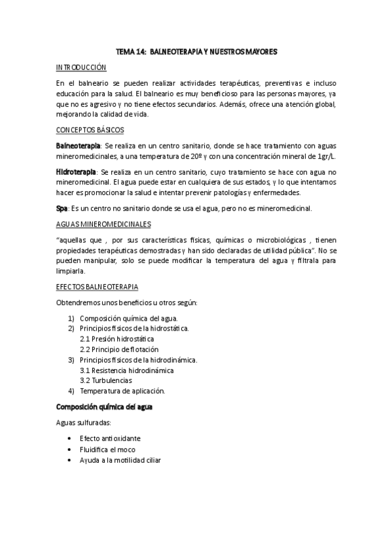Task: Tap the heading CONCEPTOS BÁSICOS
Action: coord(90,130)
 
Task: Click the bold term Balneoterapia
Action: coord(78,144)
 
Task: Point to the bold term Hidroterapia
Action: coord(77,171)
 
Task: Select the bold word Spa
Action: coord(62,208)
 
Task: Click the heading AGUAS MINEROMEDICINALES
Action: coord(103,223)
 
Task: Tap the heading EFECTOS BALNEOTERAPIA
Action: coord(96,286)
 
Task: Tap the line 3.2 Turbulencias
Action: coord(105,380)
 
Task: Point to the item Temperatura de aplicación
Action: coord(122,391)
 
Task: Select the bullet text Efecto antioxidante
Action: coord(110,438)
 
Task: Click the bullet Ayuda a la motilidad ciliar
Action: coord(120,459)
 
